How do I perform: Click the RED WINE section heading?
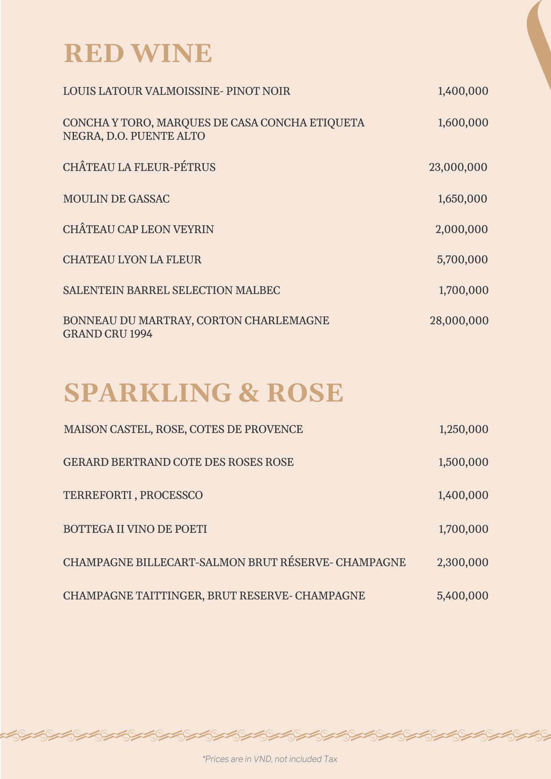click(x=138, y=53)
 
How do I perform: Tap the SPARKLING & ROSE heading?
click(x=203, y=393)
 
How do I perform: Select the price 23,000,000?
click(x=458, y=167)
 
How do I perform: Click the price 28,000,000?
click(x=459, y=321)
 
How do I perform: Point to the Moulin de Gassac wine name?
click(x=116, y=199)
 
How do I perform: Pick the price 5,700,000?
click(x=462, y=260)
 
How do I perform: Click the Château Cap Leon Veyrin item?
click(x=139, y=230)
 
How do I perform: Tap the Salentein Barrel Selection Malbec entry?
click(x=171, y=290)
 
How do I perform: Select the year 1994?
click(x=141, y=334)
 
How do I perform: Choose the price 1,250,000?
click(x=464, y=429)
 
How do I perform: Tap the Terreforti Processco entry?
click(x=133, y=495)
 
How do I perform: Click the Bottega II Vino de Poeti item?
click(x=135, y=529)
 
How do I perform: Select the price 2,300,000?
click(x=462, y=563)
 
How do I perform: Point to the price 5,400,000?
click(x=462, y=596)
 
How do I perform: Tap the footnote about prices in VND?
click(x=270, y=759)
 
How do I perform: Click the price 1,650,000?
click(x=462, y=199)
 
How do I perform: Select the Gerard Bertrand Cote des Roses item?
click(x=178, y=462)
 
